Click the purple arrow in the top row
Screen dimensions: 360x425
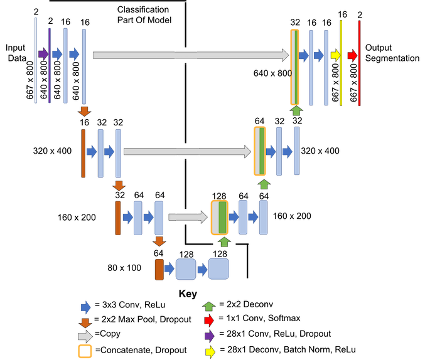(43, 54)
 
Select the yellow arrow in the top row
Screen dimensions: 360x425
(335, 55)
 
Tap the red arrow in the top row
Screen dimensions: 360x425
(352, 55)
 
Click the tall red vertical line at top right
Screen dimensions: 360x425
(359, 63)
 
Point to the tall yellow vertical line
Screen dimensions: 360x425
(342, 63)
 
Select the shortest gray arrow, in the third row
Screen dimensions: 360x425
(187, 217)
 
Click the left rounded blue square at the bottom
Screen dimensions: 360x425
(185, 269)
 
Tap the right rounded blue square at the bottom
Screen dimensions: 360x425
(218, 269)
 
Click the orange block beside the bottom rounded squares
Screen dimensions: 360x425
(159, 270)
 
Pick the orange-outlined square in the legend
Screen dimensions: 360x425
(85, 352)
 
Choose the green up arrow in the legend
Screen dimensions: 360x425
(209, 307)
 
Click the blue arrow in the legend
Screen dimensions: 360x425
(85, 307)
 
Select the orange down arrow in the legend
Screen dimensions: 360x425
(85, 322)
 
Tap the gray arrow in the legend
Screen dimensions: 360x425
(85, 337)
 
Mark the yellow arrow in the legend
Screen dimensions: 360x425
(210, 352)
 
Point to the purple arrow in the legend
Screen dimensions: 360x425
(209, 336)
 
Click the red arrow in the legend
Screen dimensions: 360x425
(209, 321)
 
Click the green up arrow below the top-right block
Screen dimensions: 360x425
(296, 110)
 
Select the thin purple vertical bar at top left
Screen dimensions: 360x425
(50, 63)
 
